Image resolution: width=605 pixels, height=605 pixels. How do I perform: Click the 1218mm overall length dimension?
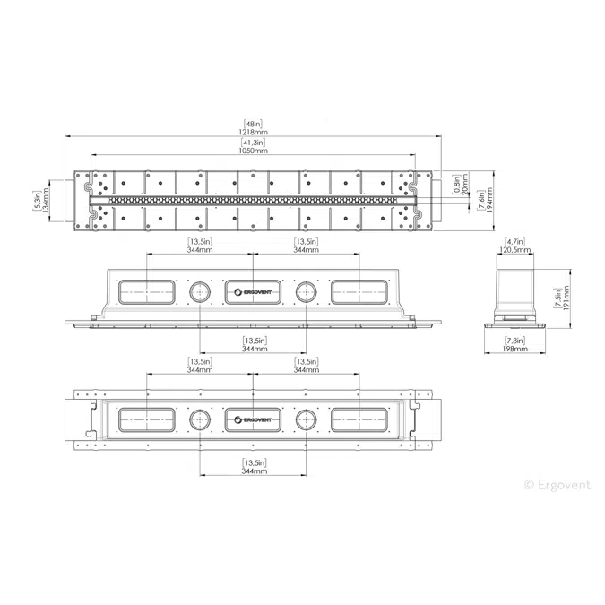[x=253, y=132]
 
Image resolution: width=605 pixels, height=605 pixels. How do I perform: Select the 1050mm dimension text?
[x=253, y=151]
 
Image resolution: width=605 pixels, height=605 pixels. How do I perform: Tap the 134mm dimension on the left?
[x=46, y=200]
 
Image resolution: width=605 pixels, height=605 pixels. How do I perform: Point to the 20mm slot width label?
[x=465, y=185]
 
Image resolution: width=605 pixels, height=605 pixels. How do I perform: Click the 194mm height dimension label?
[x=489, y=200]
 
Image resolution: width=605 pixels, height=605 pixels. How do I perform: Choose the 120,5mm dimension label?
[x=515, y=250]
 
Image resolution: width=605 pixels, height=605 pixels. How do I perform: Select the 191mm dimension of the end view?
[x=566, y=298]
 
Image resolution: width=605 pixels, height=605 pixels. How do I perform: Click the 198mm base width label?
[x=515, y=349]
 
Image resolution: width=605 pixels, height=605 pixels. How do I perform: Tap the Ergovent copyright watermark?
[x=557, y=485]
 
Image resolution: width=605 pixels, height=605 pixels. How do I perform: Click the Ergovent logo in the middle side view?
[x=253, y=292]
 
